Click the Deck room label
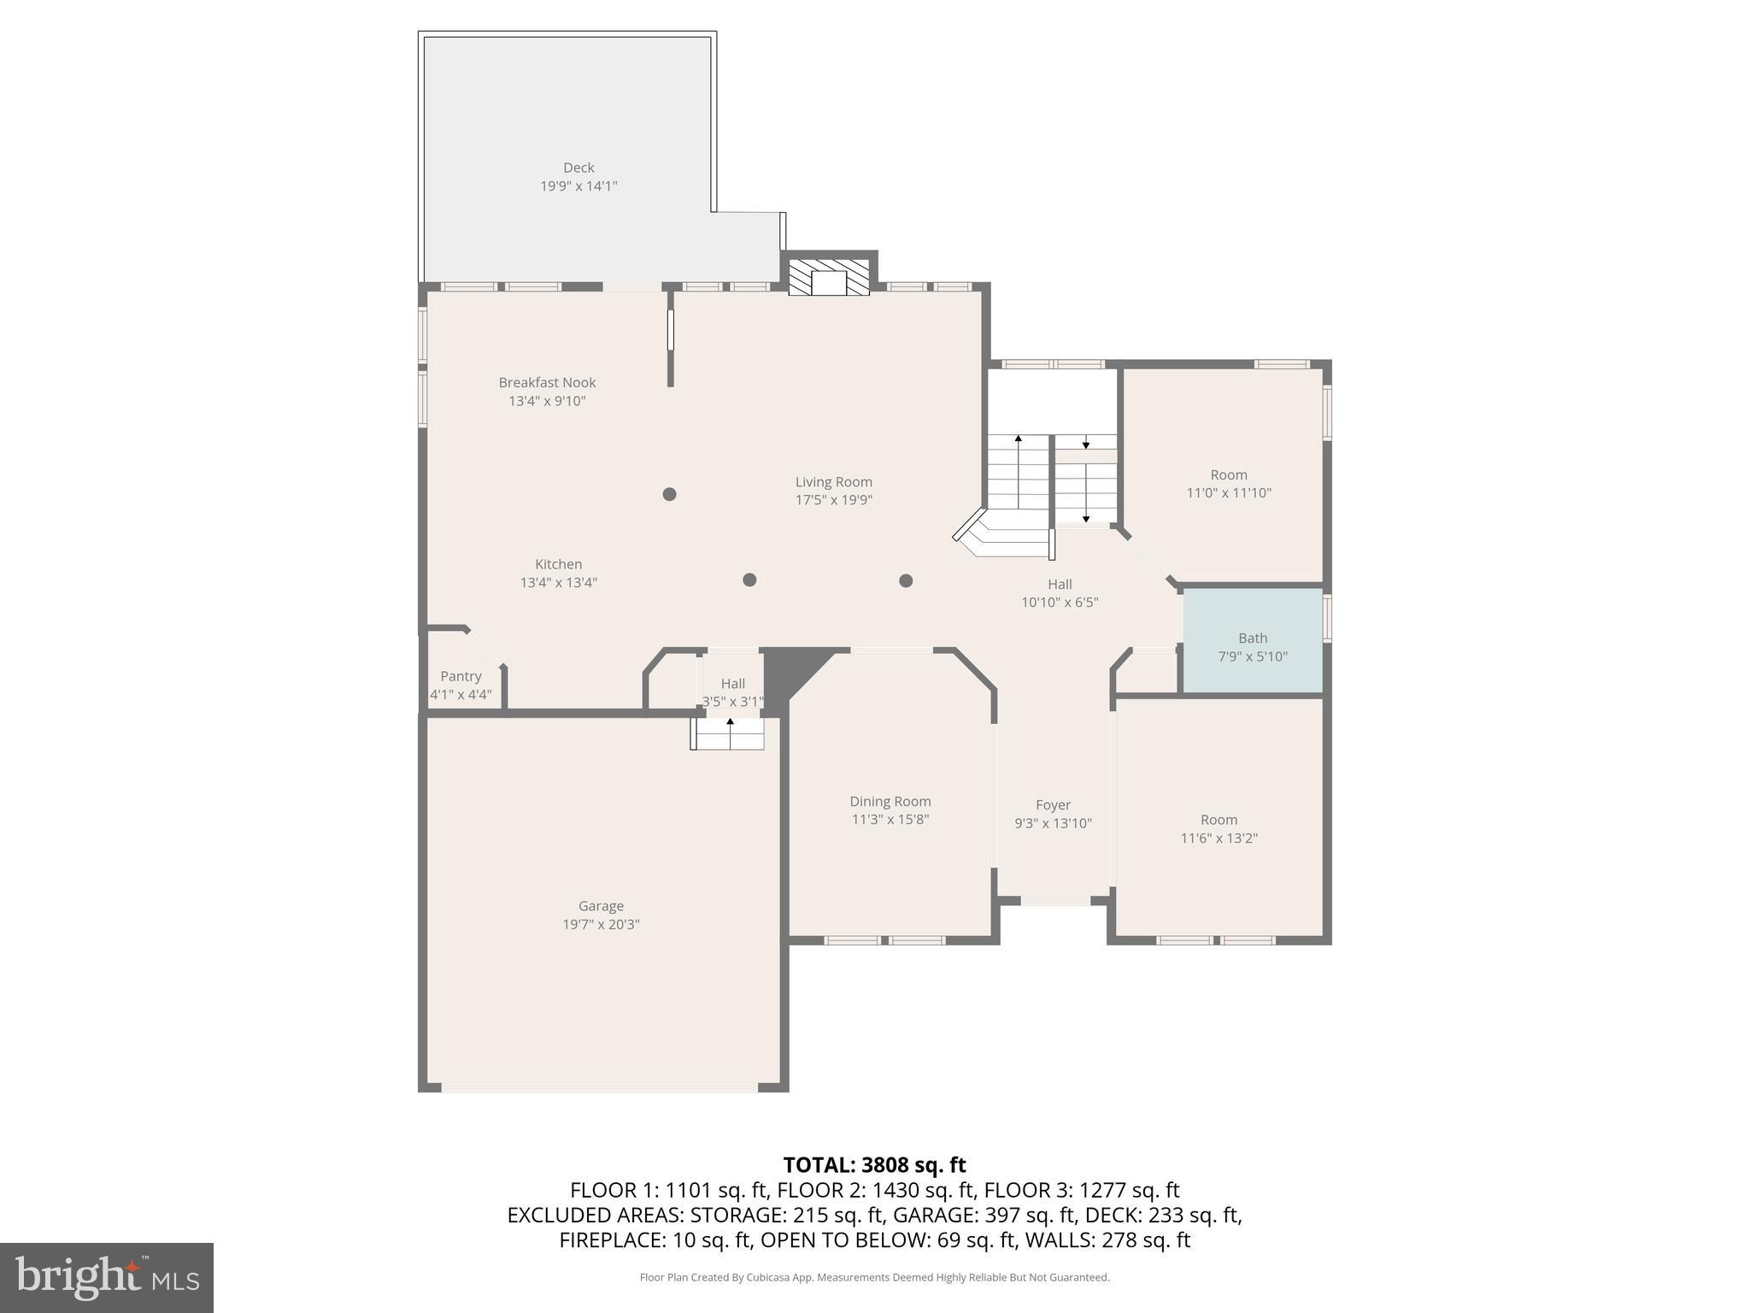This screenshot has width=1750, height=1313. pyautogui.click(x=578, y=168)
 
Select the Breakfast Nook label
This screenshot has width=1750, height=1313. pyautogui.click(x=547, y=383)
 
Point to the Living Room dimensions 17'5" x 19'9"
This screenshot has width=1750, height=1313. pyautogui.click(x=833, y=501)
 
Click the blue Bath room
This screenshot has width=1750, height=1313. pyautogui.click(x=1252, y=641)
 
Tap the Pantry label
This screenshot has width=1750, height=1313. pyautogui.click(x=461, y=677)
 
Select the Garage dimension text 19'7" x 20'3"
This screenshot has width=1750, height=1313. pyautogui.click(x=601, y=925)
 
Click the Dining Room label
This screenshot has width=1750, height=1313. pyautogui.click(x=890, y=802)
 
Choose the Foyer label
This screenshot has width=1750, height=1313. pyautogui.click(x=1053, y=805)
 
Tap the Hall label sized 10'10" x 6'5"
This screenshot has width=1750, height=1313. pyautogui.click(x=1060, y=585)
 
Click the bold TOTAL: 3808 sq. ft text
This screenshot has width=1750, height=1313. pyautogui.click(x=874, y=1165)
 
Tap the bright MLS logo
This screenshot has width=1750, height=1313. pyautogui.click(x=107, y=1277)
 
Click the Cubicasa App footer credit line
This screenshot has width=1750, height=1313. pyautogui.click(x=874, y=1278)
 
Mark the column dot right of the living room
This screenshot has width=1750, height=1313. pyautogui.click(x=906, y=581)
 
